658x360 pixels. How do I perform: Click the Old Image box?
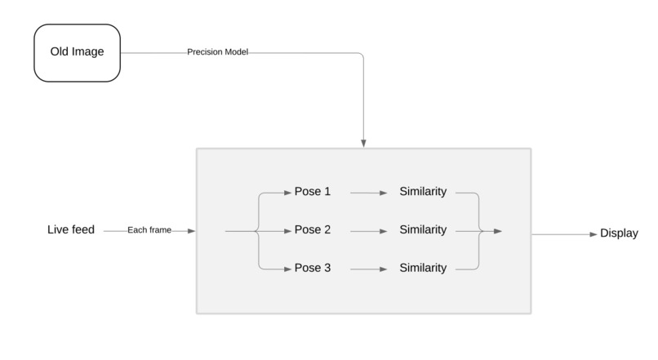pos(77,52)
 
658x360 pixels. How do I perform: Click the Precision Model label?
pos(217,52)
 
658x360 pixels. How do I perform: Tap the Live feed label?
pos(71,230)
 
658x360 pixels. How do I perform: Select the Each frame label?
pos(149,231)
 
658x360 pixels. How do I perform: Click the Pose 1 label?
pos(312,193)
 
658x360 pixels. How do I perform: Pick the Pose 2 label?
pos(312,230)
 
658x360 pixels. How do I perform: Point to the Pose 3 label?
pos(312,268)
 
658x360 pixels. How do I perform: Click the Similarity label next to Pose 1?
pos(423,193)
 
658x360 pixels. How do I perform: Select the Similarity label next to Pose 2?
pos(423,230)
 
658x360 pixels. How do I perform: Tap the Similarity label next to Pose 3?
pos(423,268)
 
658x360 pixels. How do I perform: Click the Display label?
pos(619,233)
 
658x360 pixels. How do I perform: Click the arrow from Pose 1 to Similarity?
pos(369,193)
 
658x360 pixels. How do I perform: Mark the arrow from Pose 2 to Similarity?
pos(369,231)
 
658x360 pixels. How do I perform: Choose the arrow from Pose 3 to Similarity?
pos(369,269)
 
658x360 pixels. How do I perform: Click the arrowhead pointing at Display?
pos(594,233)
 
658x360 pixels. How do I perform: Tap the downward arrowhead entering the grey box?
pos(363,144)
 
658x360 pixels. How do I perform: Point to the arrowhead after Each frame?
pos(191,231)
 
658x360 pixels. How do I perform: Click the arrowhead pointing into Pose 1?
pos(287,193)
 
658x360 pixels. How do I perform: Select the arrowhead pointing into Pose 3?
pos(287,269)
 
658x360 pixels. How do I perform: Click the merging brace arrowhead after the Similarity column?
pos(497,231)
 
